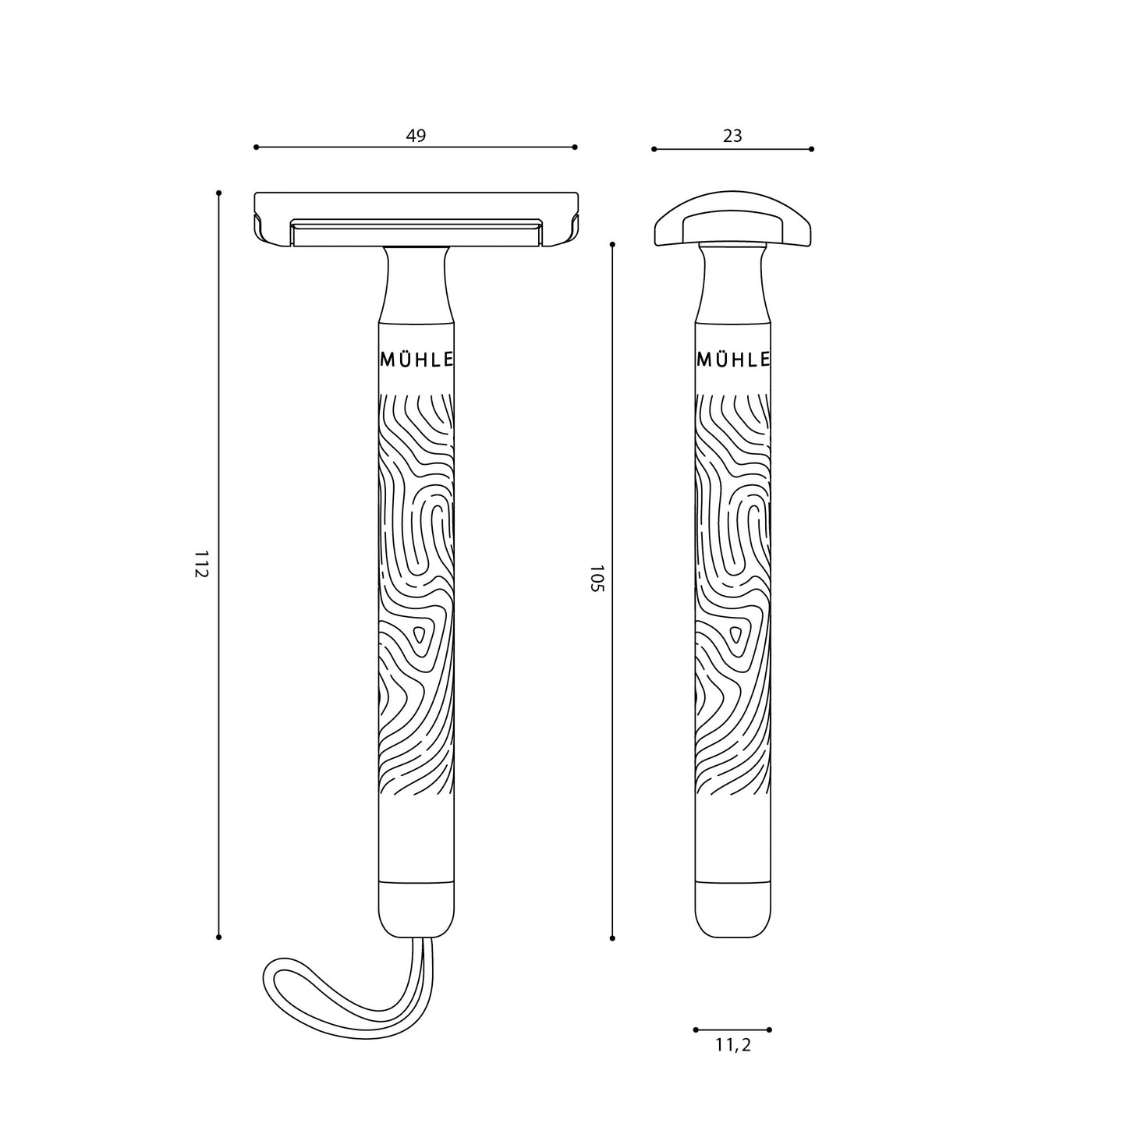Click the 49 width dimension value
coord(416,136)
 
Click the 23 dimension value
coord(732,136)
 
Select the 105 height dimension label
coord(596,579)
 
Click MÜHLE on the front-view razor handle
coord(416,360)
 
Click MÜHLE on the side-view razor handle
coord(733,360)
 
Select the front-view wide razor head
coord(416,220)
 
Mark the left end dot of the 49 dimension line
coord(256,147)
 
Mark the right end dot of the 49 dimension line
coord(575,147)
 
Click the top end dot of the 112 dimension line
coord(219,193)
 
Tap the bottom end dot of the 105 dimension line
coord(612,937)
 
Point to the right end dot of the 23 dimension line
coord(811,149)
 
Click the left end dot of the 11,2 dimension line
coord(696,1030)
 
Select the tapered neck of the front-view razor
coord(416,285)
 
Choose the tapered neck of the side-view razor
coord(732,285)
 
